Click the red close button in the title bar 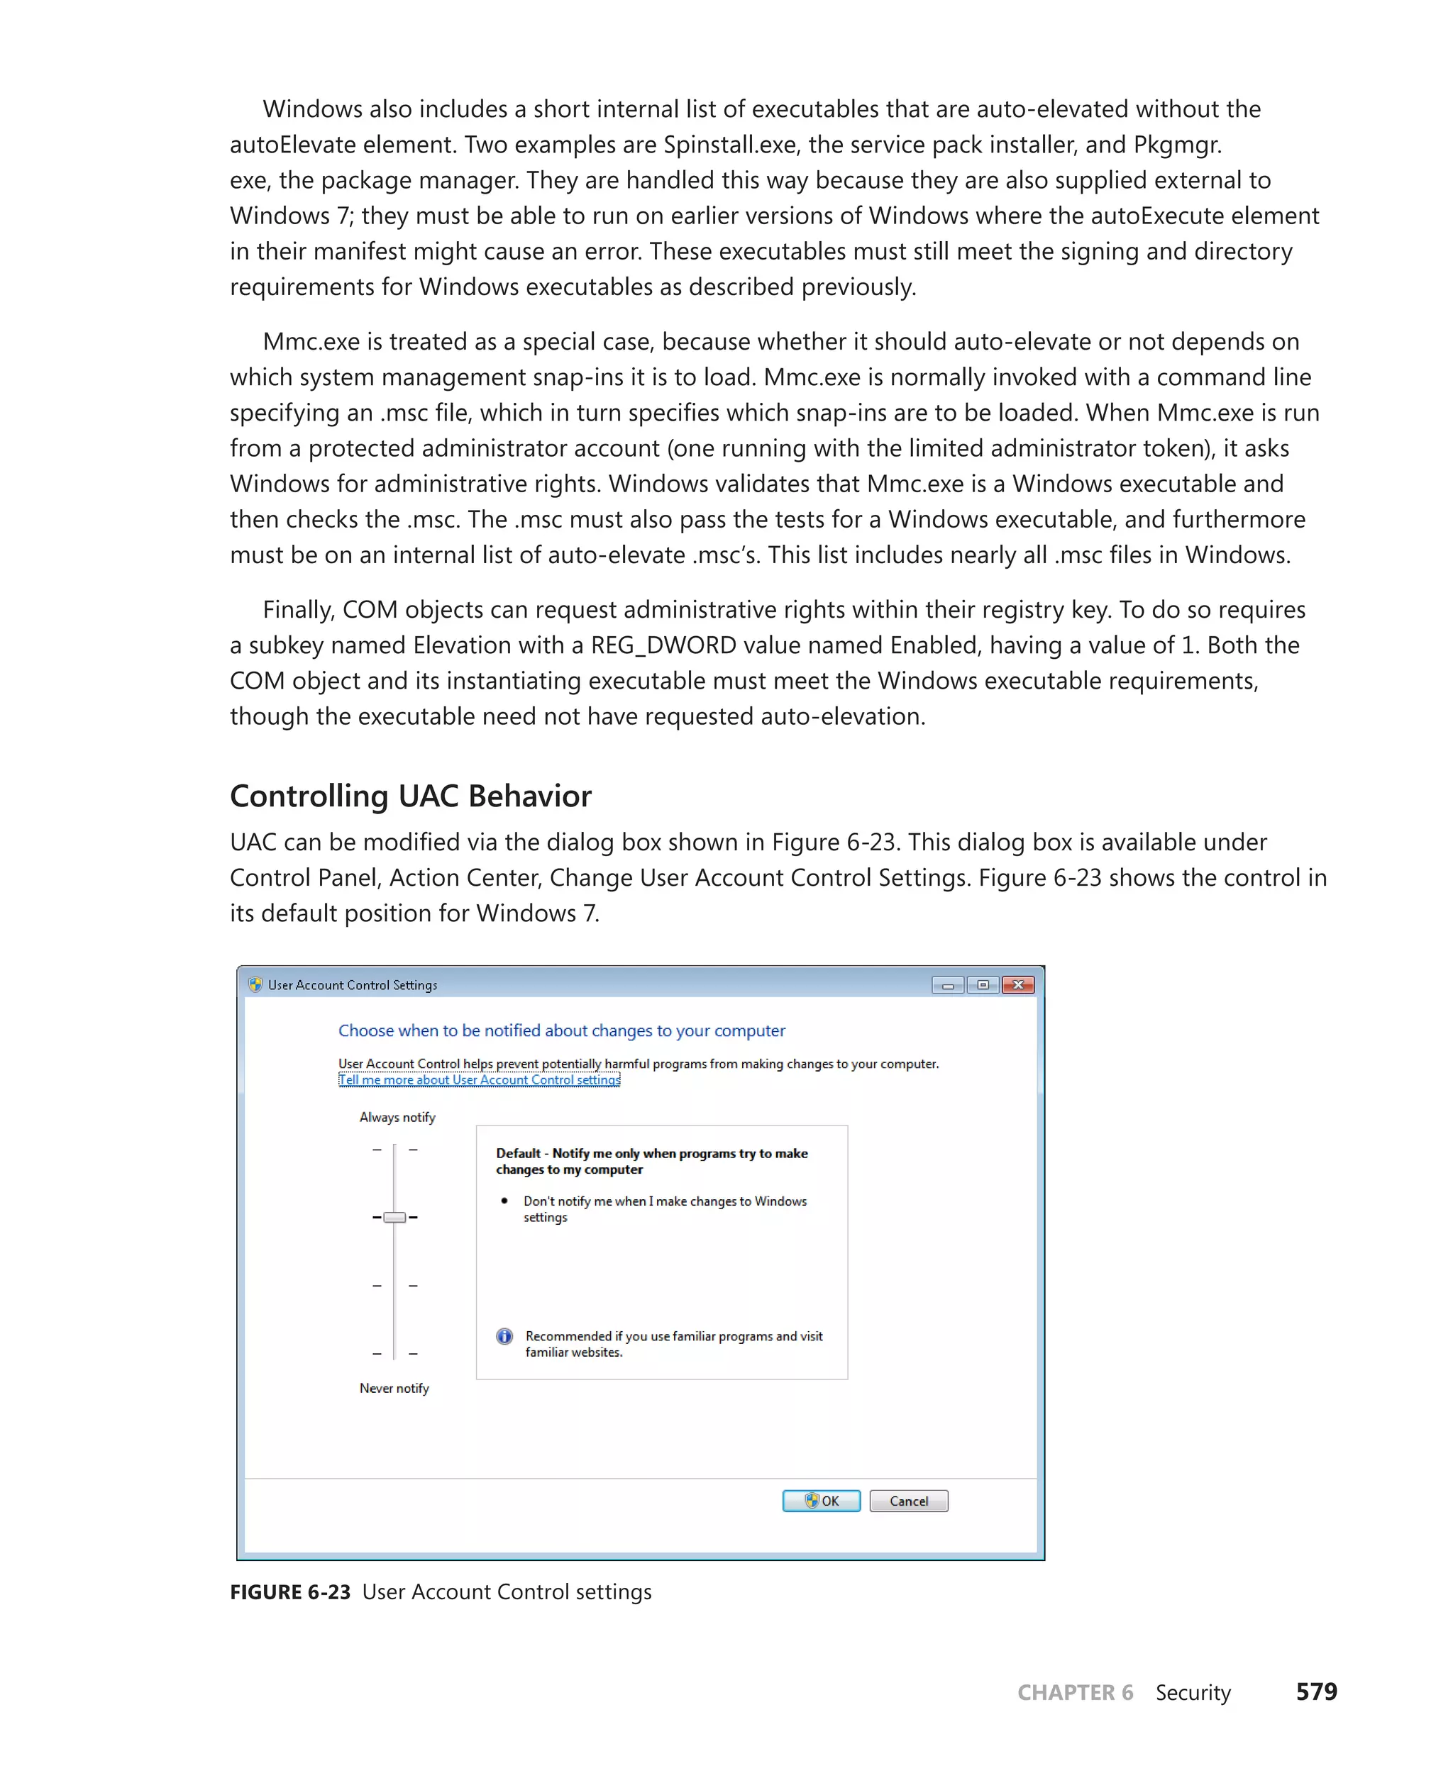1018,985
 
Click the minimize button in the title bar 947,985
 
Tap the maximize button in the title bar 983,985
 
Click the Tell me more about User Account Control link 479,1079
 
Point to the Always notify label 397,1117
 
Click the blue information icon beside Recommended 504,1336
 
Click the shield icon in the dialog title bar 255,985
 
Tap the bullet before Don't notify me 504,1201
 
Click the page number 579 1316,1692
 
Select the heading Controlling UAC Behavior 410,796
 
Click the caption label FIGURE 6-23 289,1591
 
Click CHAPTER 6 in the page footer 1075,1693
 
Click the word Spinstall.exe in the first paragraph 729,145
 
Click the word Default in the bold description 518,1153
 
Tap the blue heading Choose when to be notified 560,1031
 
